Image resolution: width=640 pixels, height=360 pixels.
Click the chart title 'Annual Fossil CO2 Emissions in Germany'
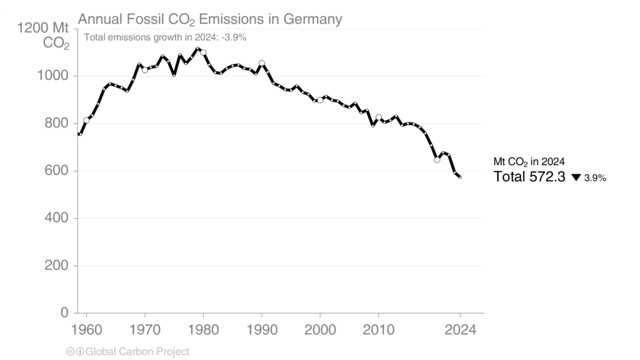[210, 19]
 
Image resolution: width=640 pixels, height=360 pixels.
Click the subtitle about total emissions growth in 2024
[165, 37]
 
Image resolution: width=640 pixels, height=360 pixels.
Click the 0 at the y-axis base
[64, 313]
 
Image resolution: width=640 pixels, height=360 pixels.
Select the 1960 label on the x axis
[86, 329]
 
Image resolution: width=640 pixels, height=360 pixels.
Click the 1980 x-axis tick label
[203, 329]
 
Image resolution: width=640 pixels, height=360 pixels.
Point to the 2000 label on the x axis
[320, 329]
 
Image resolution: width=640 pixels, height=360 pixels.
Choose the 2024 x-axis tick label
[460, 329]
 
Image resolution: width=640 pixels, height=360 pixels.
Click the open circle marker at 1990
[262, 64]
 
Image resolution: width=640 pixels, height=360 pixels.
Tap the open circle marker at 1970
[145, 70]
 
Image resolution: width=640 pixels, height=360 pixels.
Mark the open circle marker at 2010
[379, 117]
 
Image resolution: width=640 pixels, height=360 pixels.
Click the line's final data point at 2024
[460, 177]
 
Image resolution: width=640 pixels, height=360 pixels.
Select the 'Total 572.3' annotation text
[529, 177]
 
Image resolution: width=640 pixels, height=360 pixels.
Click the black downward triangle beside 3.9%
[576, 177]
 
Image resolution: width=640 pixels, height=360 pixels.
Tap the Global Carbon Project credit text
[127, 352]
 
